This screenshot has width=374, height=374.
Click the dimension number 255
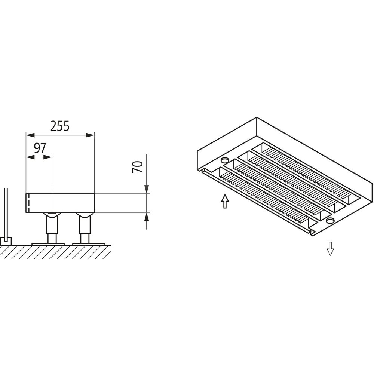point(60,126)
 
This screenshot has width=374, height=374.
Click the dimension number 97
point(40,148)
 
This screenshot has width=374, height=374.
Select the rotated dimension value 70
point(138,167)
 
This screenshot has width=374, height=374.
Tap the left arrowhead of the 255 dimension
point(30,135)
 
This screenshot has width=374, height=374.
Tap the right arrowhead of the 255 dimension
point(90,135)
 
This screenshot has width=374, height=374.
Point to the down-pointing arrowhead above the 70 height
point(147,189)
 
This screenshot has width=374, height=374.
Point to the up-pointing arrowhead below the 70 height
point(147,216)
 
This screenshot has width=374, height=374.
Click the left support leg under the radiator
point(52,228)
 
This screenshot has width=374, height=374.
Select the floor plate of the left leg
point(48,244)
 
